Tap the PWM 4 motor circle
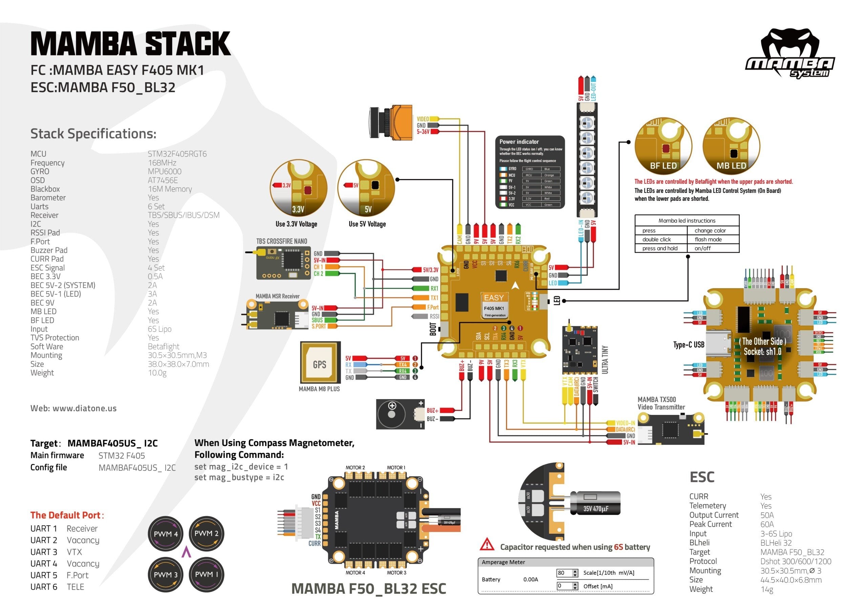pos(165,534)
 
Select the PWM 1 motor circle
pos(206,574)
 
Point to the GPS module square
pos(320,363)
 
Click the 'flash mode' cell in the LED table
pos(708,239)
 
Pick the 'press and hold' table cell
pos(660,248)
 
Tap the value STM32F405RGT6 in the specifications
pos(177,154)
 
